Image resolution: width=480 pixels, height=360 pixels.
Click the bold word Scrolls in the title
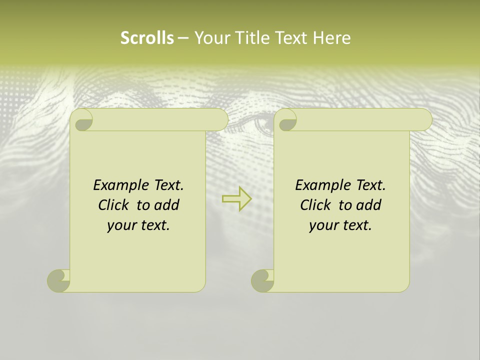pos(147,37)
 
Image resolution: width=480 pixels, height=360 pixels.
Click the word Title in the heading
pos(252,37)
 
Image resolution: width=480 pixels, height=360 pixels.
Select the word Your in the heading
pos(212,37)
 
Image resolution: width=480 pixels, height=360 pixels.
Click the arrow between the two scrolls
pos(236,199)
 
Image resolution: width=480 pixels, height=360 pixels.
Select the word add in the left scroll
pos(167,205)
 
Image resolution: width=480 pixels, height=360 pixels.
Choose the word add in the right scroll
pos(369,205)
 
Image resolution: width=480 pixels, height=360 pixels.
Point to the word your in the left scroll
pos(121,225)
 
